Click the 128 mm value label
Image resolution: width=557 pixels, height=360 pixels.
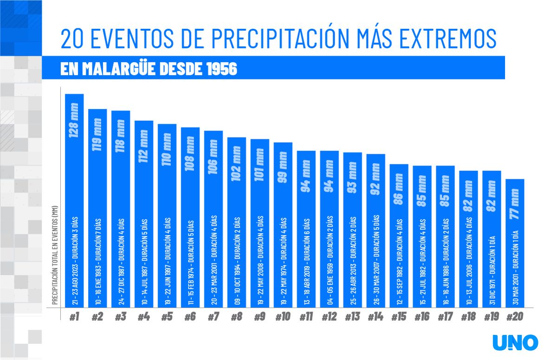pyautogui.click(x=74, y=120)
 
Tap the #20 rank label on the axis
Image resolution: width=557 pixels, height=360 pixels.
pyautogui.click(x=515, y=317)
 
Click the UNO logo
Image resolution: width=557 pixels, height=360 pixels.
pyautogui.click(x=515, y=342)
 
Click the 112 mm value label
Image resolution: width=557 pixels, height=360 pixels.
pyautogui.click(x=143, y=147)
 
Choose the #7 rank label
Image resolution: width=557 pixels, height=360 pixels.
pyautogui.click(x=213, y=317)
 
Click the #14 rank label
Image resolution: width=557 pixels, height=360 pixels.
pyautogui.click(x=376, y=317)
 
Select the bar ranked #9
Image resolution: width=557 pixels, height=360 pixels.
pyautogui.click(x=259, y=223)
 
